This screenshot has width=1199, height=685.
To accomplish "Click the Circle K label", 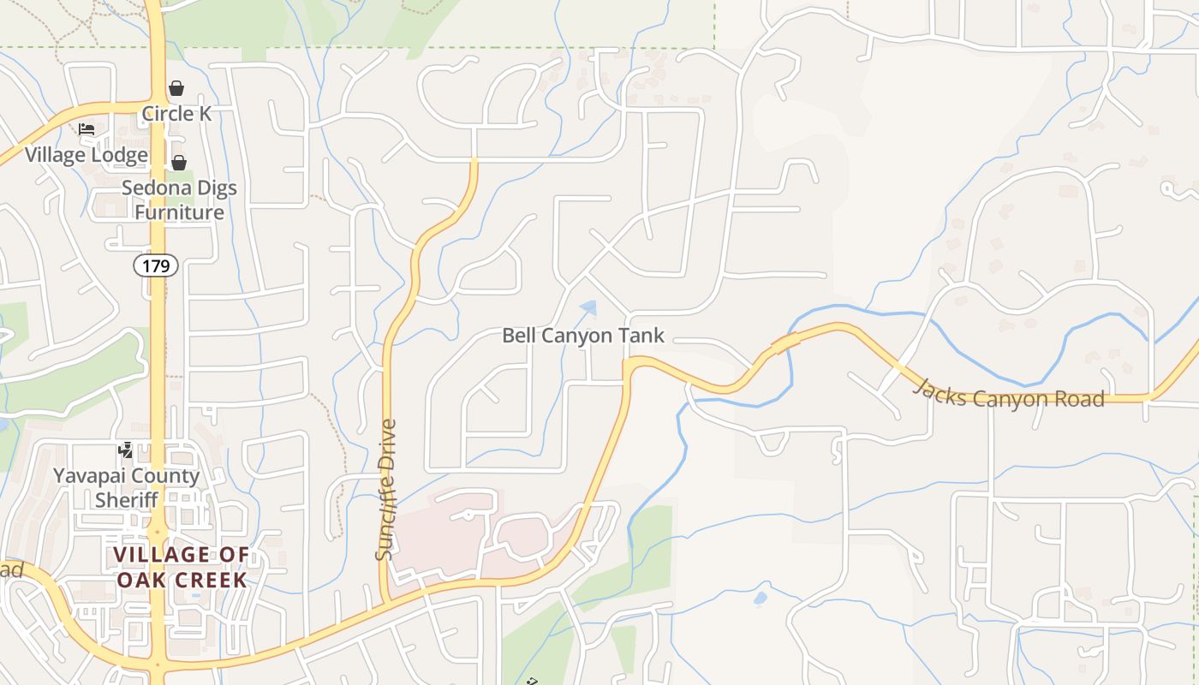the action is coord(176,113).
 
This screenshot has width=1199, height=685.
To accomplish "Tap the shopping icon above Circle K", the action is coord(176,88).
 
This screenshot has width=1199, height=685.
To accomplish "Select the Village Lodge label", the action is coord(86,155).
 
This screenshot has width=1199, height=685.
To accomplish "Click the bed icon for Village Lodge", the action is coord(86,129).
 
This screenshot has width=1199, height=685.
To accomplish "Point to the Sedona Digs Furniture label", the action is coord(179,200).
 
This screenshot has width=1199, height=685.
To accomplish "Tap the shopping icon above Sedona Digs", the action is coord(179,163).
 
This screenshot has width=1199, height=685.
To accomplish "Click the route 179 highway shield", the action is coord(156,265).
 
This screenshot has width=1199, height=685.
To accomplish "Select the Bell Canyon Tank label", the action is coord(582,335).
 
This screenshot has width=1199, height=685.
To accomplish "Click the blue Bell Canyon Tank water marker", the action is coord(588,307).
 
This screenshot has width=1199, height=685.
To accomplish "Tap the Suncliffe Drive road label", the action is coord(387,489).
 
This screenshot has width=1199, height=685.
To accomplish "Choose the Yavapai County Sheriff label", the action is coord(126,487).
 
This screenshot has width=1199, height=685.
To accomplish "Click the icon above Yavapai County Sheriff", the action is coord(126,450).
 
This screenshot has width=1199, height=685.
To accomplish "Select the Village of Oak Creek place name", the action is coord(182,567).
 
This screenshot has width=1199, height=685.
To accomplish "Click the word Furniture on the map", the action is coord(179,211).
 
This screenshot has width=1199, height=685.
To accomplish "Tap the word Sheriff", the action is coord(126,499).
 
